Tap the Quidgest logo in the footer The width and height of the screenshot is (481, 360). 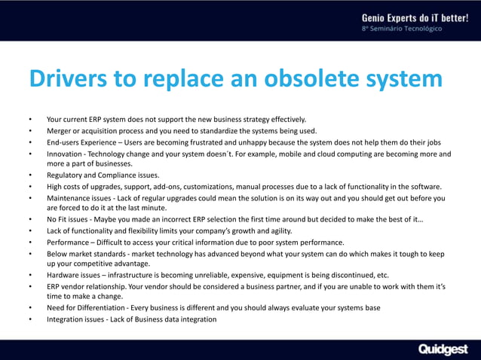pyautogui.click(x=443, y=349)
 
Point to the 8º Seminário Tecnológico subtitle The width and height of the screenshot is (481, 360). pyautogui.click(x=403, y=29)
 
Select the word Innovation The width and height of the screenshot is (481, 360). pyautogui.click(x=66, y=154)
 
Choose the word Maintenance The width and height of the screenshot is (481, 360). pyautogui.click(x=70, y=198)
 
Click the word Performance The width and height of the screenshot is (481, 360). pyautogui.click(x=69, y=242)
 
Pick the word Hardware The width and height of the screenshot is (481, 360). pyautogui.click(x=63, y=275)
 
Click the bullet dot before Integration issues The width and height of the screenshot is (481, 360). pyautogui.click(x=29, y=319)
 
